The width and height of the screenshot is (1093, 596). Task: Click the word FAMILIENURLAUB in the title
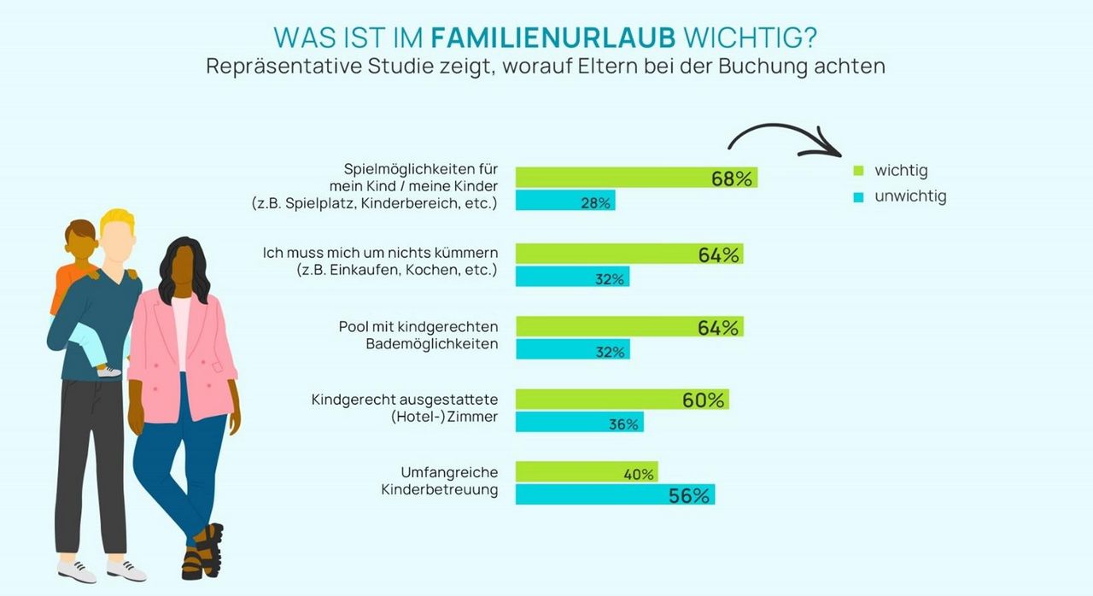click(x=553, y=38)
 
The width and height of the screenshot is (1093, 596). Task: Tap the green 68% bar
click(x=636, y=178)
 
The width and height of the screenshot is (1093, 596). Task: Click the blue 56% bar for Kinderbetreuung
click(x=615, y=494)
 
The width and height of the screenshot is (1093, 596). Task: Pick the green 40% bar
click(x=587, y=472)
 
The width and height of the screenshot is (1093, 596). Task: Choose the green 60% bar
click(x=622, y=400)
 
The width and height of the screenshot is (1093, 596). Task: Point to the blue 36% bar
click(x=579, y=423)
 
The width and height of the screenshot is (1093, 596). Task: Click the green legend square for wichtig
click(x=859, y=172)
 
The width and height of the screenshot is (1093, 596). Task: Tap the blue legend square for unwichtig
click(x=859, y=197)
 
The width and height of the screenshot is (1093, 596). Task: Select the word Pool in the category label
click(x=354, y=328)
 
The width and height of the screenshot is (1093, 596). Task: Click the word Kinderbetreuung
click(x=439, y=491)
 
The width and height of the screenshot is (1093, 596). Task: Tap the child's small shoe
click(x=108, y=371)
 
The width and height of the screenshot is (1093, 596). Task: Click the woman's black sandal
click(x=205, y=551)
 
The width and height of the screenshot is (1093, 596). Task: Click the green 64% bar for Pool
click(x=628, y=327)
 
